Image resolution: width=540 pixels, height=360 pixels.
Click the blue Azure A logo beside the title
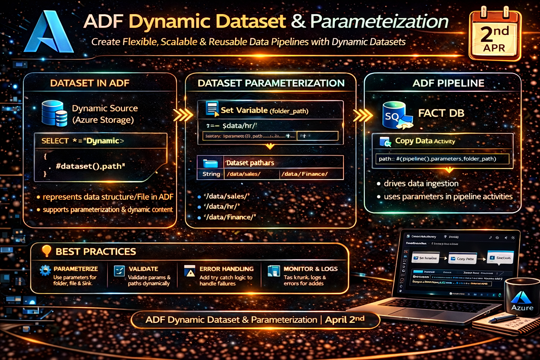pos(49,32)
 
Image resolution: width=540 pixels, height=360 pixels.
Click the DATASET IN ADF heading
pos(90,83)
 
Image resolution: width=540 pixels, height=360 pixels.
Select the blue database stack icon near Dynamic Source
pos(54,113)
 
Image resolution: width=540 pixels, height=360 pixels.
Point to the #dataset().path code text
pos(90,166)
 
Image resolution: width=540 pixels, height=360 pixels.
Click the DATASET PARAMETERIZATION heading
pos(271,83)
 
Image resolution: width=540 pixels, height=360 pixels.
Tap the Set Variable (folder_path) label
pos(264,110)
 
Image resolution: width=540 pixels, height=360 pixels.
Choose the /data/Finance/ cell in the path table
pos(304,174)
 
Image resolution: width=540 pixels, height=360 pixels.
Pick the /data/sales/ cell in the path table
pos(244,174)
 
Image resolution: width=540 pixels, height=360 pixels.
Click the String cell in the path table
pos(211,174)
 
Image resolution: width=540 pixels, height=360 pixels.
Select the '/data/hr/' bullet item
pos(222,206)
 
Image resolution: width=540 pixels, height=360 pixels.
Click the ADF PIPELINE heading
pos(448,83)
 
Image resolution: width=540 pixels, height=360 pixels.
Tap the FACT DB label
pos(441,113)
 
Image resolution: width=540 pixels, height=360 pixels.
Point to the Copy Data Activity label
pos(425,141)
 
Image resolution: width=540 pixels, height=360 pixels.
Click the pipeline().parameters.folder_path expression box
pos(442,159)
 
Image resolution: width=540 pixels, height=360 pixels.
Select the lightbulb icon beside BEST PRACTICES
pos(46,251)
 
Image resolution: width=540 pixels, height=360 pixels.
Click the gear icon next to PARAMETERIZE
pos(45,270)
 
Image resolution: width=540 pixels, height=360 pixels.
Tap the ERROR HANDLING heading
pos(226,269)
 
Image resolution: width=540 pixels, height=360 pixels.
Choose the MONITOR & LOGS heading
pos(310,269)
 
